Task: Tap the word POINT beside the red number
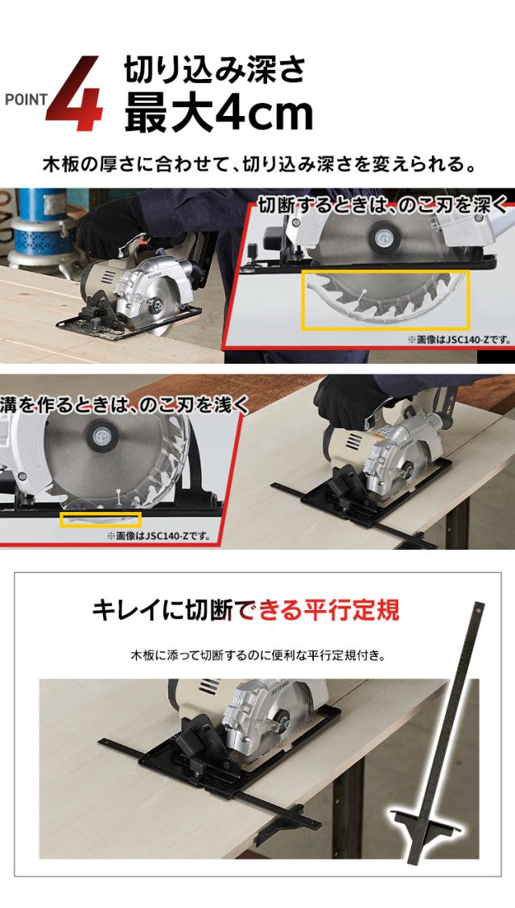pyautogui.click(x=26, y=100)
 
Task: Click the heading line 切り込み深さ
pyautogui.click(x=215, y=72)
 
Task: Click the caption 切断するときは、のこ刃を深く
pyautogui.click(x=382, y=204)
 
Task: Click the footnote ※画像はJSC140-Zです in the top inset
pyautogui.click(x=459, y=340)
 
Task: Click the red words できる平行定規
pyautogui.click(x=316, y=610)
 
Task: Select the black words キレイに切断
pyautogui.click(x=163, y=610)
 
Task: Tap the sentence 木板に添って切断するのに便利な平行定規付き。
pyautogui.click(x=258, y=656)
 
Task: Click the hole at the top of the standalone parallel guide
pyautogui.click(x=478, y=609)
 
